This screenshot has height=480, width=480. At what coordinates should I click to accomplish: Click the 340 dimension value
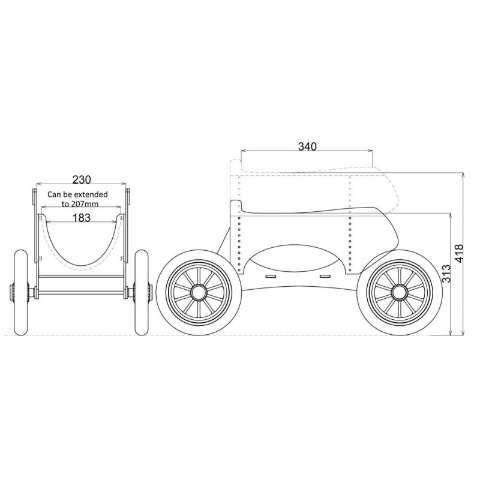pyautogui.click(x=307, y=146)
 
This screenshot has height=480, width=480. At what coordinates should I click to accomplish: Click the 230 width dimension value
pyautogui.click(x=82, y=179)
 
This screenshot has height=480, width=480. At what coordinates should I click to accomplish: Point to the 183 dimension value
pyautogui.click(x=82, y=217)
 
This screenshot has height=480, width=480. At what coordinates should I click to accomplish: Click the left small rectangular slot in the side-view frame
pyautogui.click(x=269, y=276)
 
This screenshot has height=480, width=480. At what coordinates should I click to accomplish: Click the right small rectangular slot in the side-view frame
pyautogui.click(x=325, y=276)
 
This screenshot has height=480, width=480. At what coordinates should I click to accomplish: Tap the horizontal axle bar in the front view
pyautogui.click(x=82, y=294)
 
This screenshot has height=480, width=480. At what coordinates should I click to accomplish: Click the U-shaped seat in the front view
pyautogui.click(x=82, y=252)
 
